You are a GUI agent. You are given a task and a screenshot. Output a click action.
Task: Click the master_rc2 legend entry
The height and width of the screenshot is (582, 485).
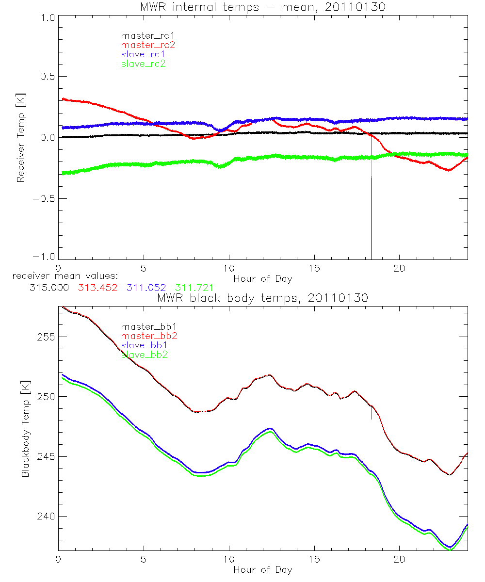(148, 45)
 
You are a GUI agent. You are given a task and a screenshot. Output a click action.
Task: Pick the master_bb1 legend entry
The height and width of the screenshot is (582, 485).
(148, 327)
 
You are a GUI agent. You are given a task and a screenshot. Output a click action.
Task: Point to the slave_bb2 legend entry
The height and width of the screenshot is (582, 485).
(145, 355)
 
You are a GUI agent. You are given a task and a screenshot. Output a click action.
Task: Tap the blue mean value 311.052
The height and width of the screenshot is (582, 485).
(146, 288)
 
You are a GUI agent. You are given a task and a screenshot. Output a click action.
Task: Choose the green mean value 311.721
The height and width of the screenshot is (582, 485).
(194, 288)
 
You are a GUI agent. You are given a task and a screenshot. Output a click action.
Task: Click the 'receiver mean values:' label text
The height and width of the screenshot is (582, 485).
(62, 275)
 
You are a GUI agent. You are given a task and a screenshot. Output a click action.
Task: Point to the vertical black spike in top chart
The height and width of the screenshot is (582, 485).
(372, 218)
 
